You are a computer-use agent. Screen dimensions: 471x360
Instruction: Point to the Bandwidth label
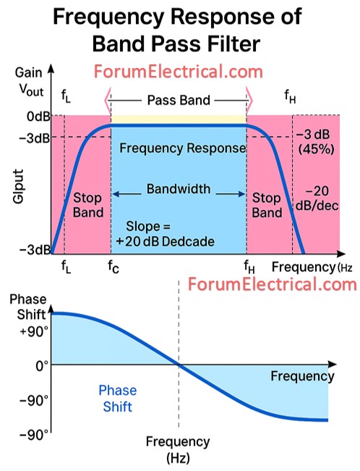[179, 190]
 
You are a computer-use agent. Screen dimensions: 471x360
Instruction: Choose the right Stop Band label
[267, 205]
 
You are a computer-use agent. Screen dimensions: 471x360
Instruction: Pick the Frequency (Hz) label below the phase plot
[177, 448]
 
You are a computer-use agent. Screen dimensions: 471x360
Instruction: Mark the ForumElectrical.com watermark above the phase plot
[273, 284]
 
